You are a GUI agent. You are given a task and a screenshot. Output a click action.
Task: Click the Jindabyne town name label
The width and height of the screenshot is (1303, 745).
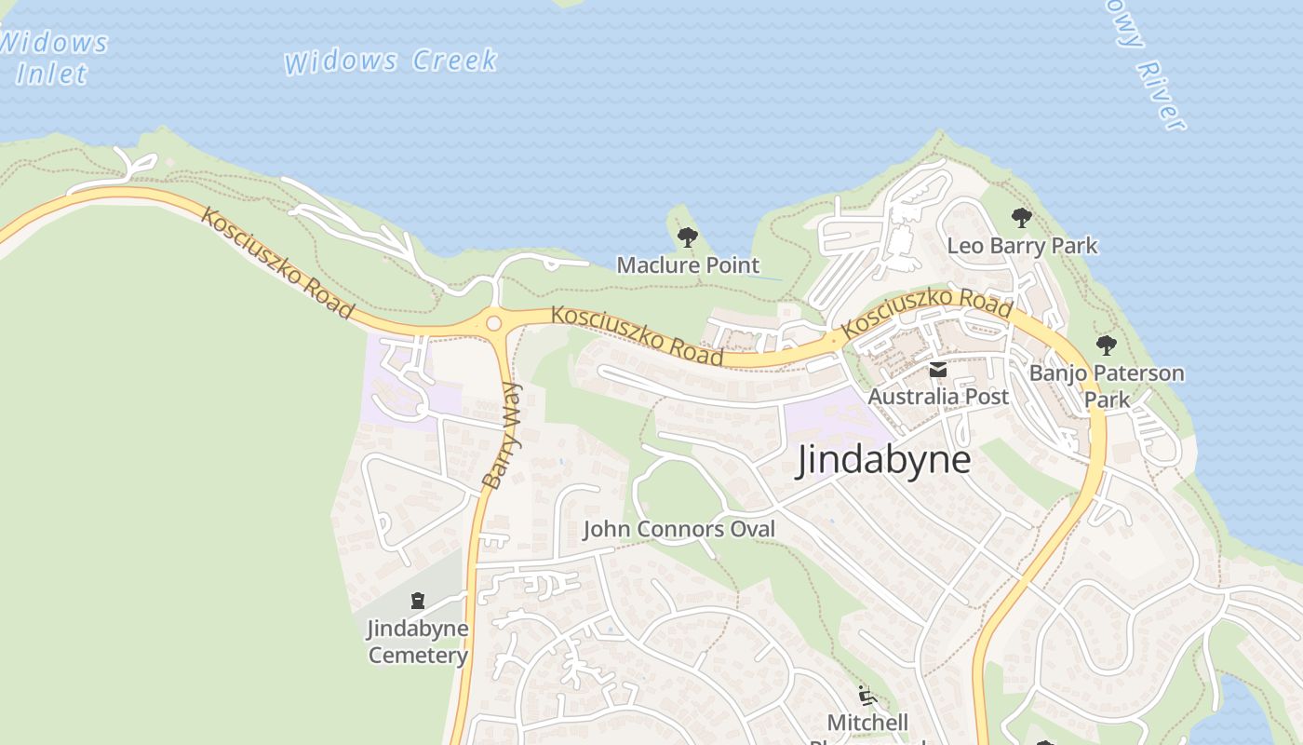pos(882,460)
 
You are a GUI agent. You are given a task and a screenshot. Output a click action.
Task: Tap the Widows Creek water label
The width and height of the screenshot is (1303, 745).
pos(390,61)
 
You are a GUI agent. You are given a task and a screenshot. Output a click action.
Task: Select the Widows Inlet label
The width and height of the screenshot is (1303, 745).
pos(53,58)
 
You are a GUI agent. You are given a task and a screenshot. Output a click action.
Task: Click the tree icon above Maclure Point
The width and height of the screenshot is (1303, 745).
pos(687,237)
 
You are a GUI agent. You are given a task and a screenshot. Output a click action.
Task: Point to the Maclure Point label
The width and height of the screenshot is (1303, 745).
pos(688,265)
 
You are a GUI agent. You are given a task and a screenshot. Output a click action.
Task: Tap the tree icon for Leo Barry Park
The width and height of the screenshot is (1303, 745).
pos(1021,219)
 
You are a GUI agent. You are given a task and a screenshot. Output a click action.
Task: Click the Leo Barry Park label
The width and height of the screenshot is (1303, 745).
pos(1022,246)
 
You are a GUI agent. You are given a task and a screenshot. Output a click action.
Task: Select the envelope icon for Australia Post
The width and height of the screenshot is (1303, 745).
pos(937,371)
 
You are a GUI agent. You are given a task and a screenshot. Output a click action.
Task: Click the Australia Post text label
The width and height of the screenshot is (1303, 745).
pos(938,397)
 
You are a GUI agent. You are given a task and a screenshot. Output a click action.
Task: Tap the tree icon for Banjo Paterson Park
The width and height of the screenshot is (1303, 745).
pos(1106,345)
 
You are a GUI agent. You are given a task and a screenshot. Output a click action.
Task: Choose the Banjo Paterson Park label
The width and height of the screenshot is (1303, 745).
pos(1107,386)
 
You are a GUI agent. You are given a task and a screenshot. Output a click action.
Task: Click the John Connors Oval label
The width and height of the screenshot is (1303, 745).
pos(678,530)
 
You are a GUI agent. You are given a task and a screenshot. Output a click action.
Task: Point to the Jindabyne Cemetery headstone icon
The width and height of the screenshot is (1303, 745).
pos(417,601)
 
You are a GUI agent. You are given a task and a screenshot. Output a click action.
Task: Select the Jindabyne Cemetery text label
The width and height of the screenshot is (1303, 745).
pos(418,642)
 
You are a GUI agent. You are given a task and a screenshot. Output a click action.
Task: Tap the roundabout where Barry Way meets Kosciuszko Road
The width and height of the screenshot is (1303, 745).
pos(494,323)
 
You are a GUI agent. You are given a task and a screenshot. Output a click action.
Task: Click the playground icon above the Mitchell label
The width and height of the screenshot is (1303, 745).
pos(866,695)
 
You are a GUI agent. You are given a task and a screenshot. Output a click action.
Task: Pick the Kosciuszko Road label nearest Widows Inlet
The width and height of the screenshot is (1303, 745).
pos(276,263)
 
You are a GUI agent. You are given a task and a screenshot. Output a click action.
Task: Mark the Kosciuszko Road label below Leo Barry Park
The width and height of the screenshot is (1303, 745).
pos(927,313)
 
